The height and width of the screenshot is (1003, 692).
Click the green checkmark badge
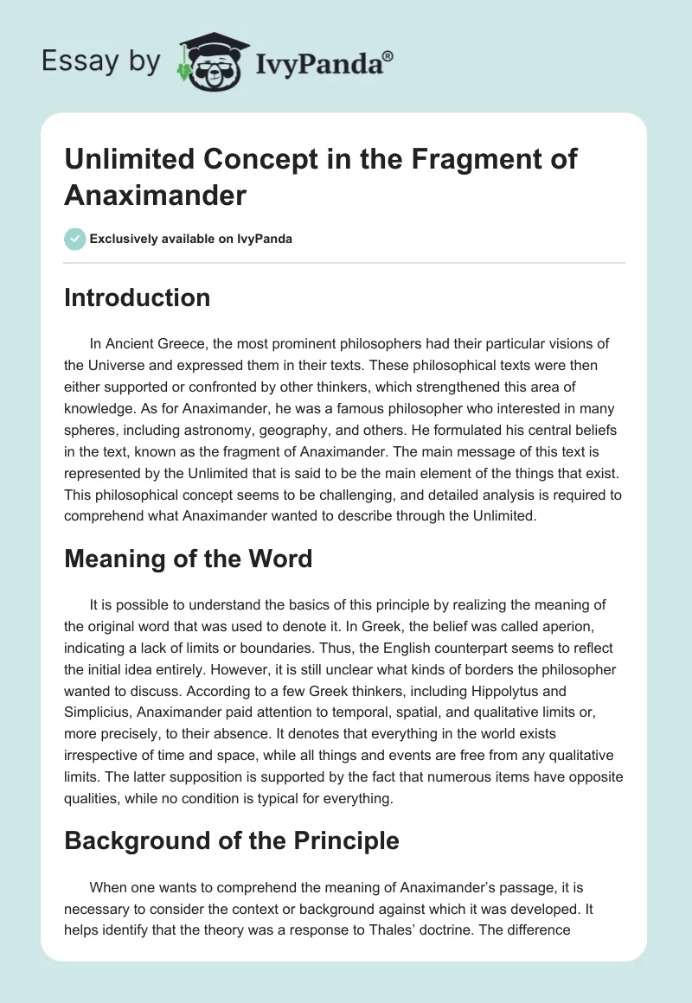click(75, 239)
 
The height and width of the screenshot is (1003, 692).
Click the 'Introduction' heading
click(138, 297)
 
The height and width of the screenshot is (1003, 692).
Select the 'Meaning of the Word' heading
click(188, 559)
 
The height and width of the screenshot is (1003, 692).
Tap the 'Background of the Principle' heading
click(232, 840)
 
